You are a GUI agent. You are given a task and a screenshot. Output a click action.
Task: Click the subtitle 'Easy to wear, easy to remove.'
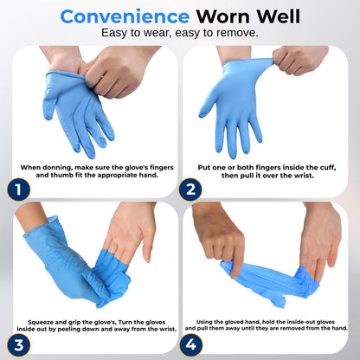tap(179, 34)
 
